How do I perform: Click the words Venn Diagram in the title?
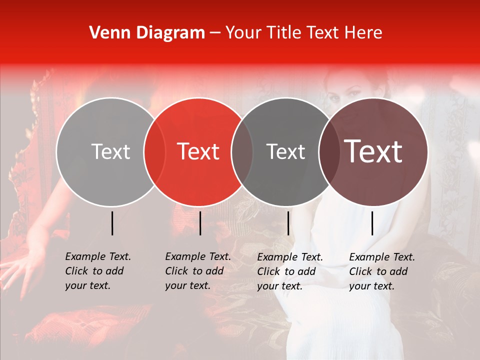(x=147, y=33)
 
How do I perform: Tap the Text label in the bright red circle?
(x=198, y=151)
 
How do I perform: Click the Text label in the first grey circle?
(x=110, y=151)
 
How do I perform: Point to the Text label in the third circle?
(x=286, y=151)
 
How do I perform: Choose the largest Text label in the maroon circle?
(x=373, y=151)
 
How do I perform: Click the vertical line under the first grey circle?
(x=112, y=223)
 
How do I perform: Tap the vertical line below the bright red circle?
(x=200, y=223)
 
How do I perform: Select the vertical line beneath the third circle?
(x=288, y=223)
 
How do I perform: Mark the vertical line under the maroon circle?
(x=372, y=223)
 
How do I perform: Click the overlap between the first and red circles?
(x=154, y=151)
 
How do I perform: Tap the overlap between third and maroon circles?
(x=327, y=151)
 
